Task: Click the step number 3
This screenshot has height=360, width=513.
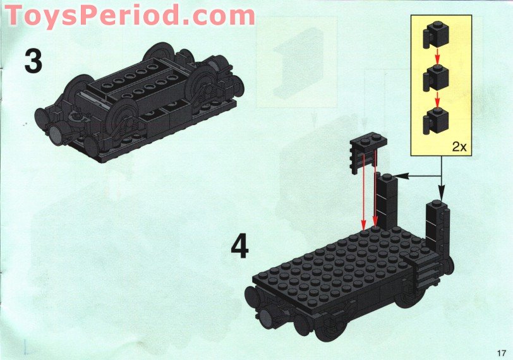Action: click(33, 61)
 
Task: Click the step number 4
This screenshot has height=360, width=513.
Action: click(240, 247)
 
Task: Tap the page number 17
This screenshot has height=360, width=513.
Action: click(501, 353)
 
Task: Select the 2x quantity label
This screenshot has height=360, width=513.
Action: click(459, 147)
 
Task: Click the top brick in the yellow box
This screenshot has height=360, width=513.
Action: click(435, 34)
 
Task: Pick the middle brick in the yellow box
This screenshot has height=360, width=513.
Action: click(435, 78)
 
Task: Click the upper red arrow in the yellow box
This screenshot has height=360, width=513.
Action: click(437, 56)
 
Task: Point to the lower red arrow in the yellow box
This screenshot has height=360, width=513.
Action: click(437, 99)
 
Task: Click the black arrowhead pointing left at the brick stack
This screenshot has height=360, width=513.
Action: click(402, 176)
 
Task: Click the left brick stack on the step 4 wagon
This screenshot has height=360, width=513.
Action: click(386, 200)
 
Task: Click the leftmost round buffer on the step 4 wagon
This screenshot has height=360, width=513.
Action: click(252, 297)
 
